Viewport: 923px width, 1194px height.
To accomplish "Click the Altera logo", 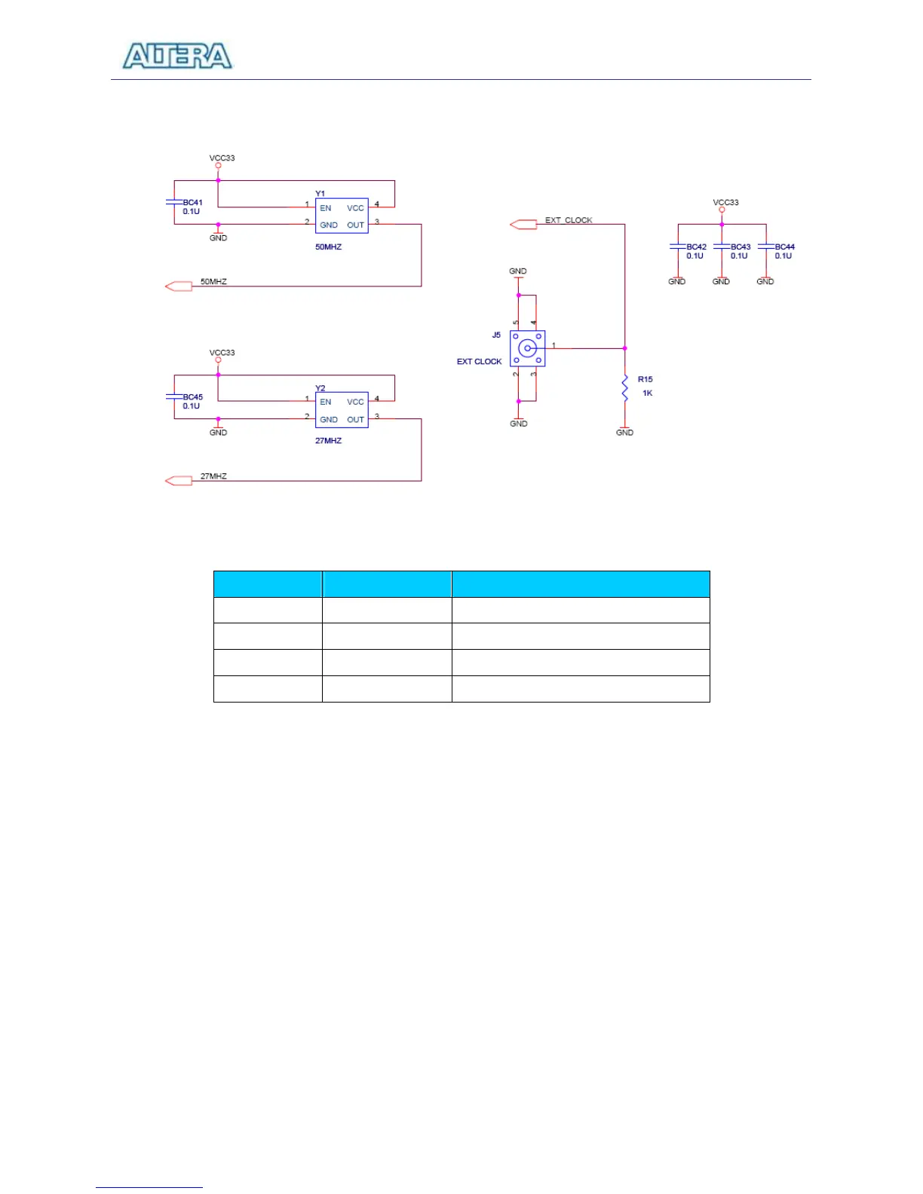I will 177,57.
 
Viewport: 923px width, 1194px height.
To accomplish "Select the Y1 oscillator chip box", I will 342,216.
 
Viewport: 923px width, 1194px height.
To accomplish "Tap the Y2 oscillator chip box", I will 342,410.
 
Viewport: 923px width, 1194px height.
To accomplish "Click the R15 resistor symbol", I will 624,388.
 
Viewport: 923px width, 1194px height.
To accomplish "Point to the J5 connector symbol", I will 527,348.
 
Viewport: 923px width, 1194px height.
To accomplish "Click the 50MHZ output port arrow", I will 179,286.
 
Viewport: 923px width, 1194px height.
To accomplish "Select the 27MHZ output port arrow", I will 179,481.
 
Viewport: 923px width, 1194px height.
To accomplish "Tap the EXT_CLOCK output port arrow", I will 523,224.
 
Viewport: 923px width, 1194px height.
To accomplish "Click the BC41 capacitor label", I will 192,203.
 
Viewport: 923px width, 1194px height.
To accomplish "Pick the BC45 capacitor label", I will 192,397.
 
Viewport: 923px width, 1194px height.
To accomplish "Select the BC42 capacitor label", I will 696,247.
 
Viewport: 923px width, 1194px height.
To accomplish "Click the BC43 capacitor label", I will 741,247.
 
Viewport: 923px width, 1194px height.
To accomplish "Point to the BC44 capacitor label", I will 784,247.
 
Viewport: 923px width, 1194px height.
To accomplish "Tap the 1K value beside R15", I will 647,393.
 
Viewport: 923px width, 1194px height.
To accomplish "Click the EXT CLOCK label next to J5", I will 479,362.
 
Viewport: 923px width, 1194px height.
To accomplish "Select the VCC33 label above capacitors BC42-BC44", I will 725,203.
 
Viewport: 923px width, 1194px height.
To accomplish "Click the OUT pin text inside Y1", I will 355,225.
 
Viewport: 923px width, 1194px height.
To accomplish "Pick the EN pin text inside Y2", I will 326,403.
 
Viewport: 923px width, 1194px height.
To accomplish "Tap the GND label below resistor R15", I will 624,433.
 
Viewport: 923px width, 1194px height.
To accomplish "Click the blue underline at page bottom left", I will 149,1188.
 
